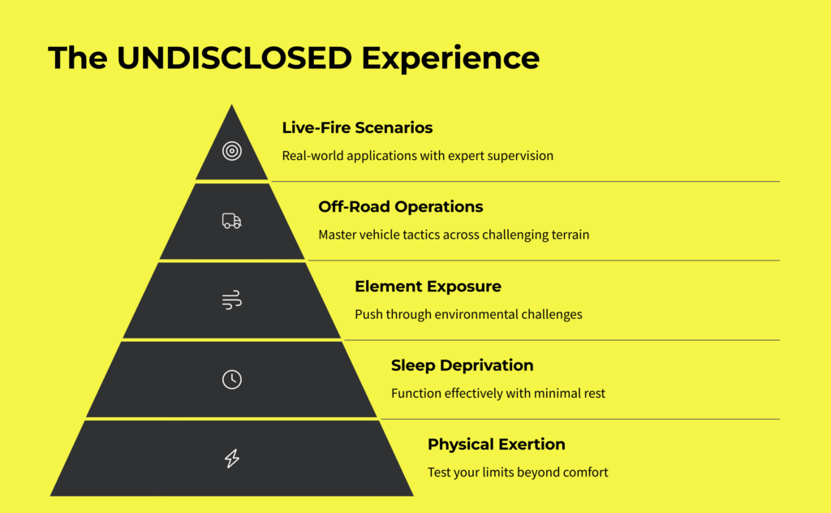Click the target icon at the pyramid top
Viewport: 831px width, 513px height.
[231, 151]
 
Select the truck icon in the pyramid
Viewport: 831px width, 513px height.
[231, 221]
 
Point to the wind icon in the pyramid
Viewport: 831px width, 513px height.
[231, 300]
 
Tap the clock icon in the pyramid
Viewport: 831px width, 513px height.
[231, 379]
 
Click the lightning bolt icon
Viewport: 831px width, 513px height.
[231, 459]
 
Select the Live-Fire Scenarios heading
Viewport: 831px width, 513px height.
[357, 127]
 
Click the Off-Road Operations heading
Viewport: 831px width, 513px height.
[400, 207]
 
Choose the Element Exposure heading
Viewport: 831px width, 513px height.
[428, 287]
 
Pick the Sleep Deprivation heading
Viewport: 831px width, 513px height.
[462, 365]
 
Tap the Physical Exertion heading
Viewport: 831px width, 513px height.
[496, 445]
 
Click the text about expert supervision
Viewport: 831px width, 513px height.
[417, 155]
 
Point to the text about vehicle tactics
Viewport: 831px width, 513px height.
[453, 235]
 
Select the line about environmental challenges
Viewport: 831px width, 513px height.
[468, 314]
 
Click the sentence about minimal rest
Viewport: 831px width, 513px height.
[497, 394]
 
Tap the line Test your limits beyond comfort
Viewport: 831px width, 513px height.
[518, 472]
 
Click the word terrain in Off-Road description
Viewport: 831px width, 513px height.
[568, 235]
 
